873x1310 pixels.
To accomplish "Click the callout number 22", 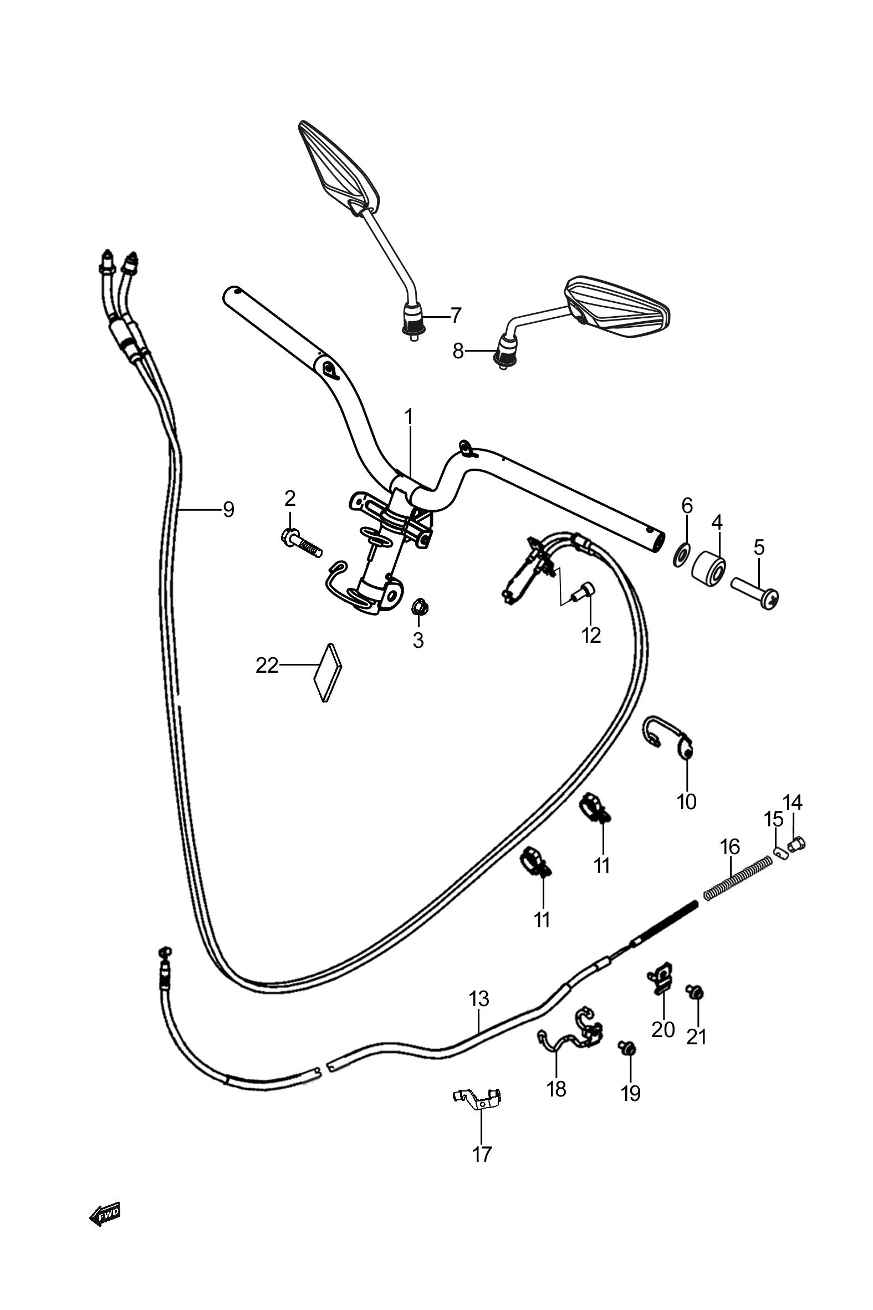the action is [x=267, y=665].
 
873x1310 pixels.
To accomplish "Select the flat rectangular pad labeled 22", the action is [x=328, y=672].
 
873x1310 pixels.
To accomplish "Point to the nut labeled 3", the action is [x=418, y=607].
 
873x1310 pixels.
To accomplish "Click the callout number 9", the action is [x=228, y=509].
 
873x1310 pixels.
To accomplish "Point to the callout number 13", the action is [x=479, y=999].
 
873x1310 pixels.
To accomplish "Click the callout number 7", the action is [x=456, y=316].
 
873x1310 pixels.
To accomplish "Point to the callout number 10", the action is [x=687, y=802].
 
